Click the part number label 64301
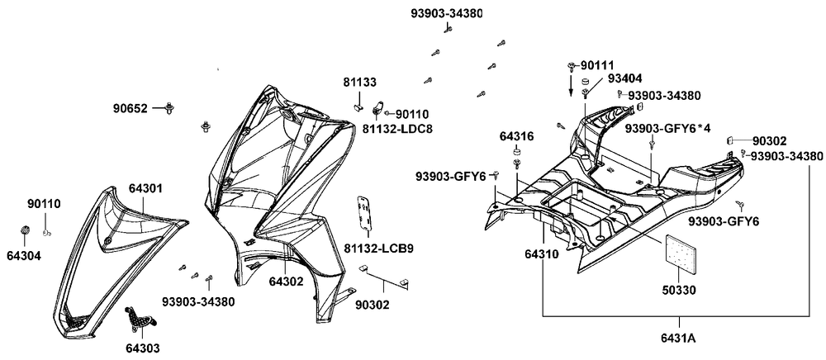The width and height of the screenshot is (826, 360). coord(145,188)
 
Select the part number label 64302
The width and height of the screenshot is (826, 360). coord(285,282)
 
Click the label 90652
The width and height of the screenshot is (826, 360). coord(131,108)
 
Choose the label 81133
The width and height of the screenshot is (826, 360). coord(360,83)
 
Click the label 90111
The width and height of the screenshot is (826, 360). coord(596,64)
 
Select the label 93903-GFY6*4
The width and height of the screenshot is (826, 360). coord(668,128)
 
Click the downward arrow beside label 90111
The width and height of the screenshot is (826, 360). coord(569,86)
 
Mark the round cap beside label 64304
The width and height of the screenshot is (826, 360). coord(25,229)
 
